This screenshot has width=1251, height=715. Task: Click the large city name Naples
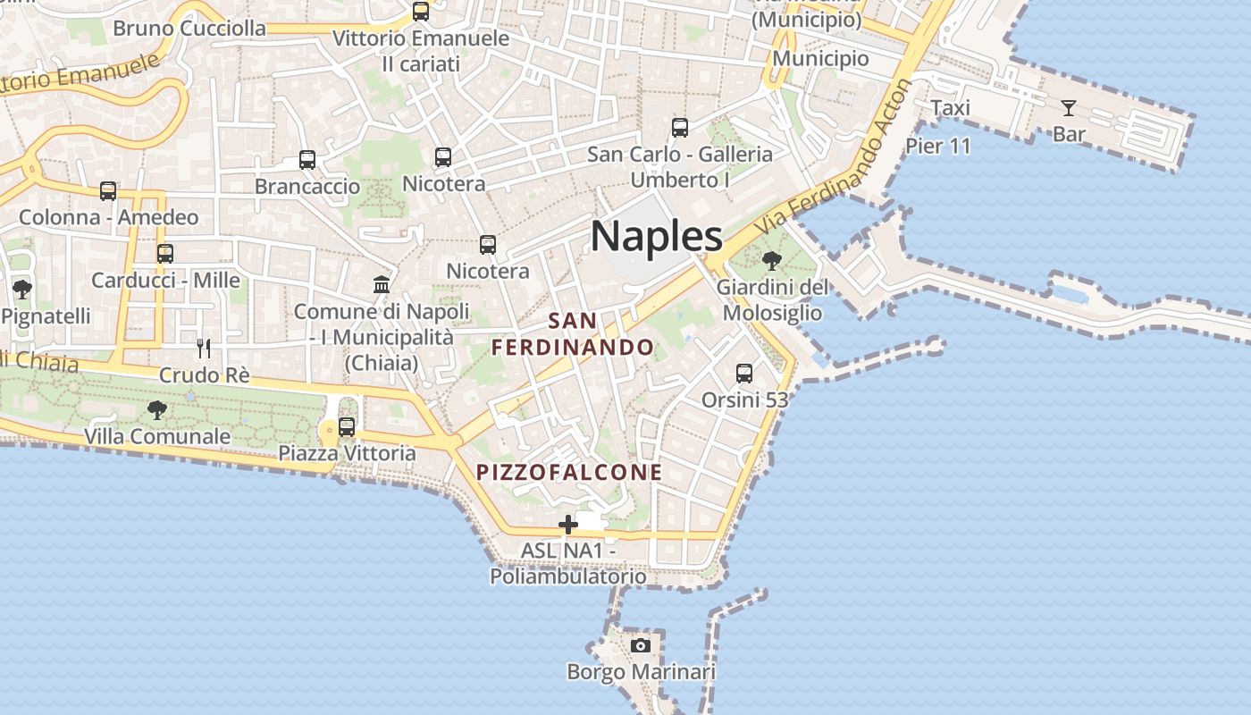pos(656,237)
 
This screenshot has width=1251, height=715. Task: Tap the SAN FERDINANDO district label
pos(573,333)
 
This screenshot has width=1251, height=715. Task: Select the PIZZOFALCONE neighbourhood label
pos(569,472)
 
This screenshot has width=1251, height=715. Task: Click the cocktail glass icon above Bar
pos(1068,108)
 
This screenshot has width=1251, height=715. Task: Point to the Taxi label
pos(950,108)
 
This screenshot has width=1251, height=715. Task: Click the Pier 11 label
pos(937,146)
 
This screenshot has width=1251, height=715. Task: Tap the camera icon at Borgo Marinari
pos(641,645)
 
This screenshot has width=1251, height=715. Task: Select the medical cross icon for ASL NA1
pos(567,525)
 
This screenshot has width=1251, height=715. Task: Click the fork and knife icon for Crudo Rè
pos(205,348)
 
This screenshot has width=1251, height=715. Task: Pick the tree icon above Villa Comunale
pos(157,410)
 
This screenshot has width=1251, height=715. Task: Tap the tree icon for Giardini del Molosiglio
pos(771,261)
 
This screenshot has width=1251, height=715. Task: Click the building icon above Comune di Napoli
pos(382,284)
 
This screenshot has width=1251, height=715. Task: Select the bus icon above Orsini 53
pos(744,373)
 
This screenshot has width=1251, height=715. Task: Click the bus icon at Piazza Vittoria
pos(347,426)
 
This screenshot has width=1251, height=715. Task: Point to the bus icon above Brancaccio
pos(307,160)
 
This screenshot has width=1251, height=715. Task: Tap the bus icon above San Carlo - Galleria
pos(680,128)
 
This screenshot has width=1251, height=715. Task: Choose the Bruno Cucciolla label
pos(189,29)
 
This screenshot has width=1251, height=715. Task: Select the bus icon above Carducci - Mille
pos(165,253)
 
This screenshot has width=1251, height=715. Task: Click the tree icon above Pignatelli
pos(22,289)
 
